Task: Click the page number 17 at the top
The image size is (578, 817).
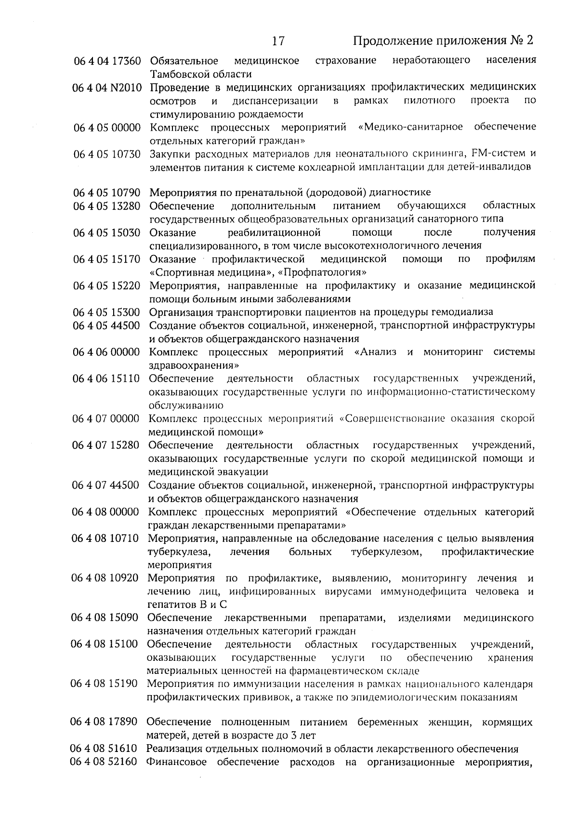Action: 278,40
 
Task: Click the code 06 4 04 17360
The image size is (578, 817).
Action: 106,61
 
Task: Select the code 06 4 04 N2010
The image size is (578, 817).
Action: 106,88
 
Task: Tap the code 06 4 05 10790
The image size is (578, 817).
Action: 106,193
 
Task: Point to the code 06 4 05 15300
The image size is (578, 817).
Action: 106,312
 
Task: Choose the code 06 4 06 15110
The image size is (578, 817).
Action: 106,378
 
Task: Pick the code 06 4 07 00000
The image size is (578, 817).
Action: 106,418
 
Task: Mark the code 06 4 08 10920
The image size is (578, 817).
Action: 105,578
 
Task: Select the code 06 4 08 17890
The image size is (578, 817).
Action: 105,722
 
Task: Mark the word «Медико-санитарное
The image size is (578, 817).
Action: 411,127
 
